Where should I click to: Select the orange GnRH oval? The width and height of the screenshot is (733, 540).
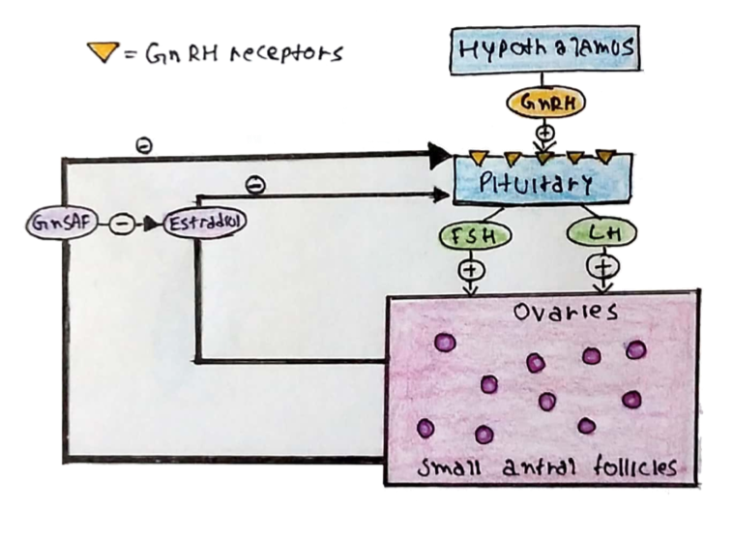coord(544,101)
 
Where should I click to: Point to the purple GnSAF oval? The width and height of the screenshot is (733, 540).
coord(62,223)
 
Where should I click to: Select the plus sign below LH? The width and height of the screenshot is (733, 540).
coord(604,264)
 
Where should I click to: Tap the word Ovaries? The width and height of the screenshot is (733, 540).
coord(552,314)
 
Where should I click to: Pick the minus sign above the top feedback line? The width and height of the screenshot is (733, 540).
coord(143,146)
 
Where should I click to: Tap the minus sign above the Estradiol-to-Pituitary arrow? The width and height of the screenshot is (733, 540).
coord(255,182)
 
